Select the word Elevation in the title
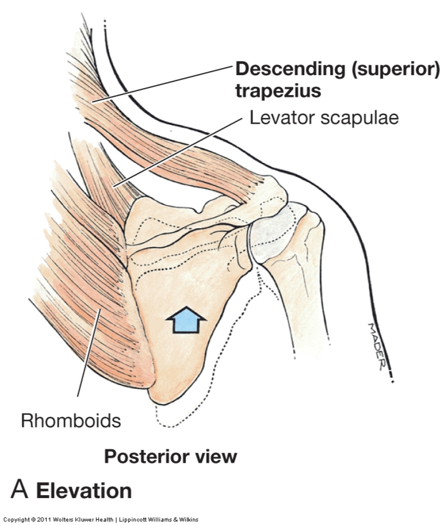click(84, 490)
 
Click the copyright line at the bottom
click(100, 520)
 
